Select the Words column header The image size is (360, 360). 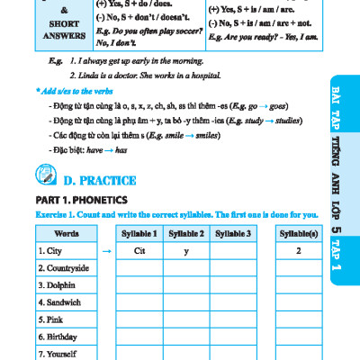click(59, 234)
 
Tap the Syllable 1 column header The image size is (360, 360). click(139, 234)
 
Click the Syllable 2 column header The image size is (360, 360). click(187, 234)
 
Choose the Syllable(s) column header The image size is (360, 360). click(298, 234)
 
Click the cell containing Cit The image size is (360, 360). click(139, 251)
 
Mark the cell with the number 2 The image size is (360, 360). click(298, 251)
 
